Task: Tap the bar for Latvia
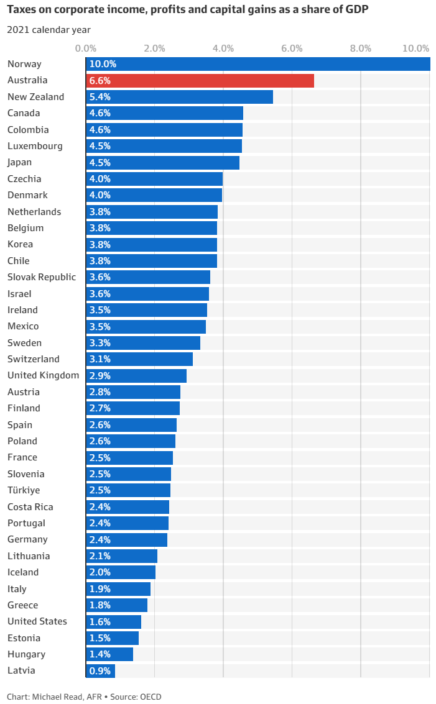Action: click(101, 671)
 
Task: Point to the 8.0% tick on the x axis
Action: click(361, 48)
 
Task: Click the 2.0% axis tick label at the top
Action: click(154, 48)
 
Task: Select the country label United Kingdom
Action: click(43, 375)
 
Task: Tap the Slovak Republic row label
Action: click(42, 277)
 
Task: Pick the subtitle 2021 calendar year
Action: click(49, 30)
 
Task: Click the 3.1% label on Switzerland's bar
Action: click(100, 359)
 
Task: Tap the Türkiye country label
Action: click(24, 490)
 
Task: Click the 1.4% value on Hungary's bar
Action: click(100, 654)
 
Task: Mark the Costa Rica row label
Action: click(30, 506)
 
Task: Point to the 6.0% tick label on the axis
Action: click(292, 48)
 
